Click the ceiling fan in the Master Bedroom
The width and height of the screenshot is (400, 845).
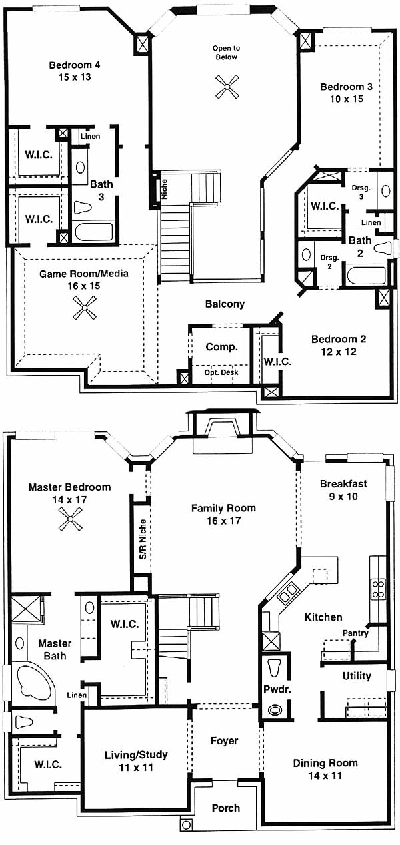71,519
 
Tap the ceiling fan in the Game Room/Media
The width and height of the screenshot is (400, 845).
85,308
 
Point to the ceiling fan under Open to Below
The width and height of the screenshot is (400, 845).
227,87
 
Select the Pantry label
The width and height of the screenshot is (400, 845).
355,633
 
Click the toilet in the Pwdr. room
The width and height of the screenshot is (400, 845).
274,667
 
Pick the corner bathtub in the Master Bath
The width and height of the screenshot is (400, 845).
33,682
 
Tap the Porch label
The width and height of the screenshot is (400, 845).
225,808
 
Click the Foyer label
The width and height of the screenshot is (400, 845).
224,740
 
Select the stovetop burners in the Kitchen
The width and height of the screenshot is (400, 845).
378,589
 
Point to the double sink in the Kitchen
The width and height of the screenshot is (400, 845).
287,591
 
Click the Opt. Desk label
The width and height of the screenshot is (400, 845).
221,372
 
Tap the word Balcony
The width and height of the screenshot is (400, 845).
225,304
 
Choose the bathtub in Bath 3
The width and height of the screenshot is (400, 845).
93,232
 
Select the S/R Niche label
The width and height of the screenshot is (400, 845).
143,539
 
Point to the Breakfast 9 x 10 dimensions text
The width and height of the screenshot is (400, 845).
343,496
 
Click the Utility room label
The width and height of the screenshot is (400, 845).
357,675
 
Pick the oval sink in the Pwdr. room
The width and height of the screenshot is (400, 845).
275,710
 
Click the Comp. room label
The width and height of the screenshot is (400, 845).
221,347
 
